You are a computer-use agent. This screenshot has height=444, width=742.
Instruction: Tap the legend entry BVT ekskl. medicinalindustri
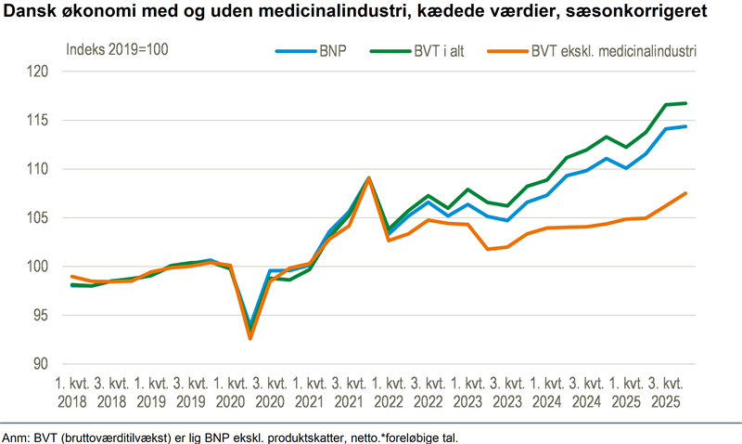coord(612,51)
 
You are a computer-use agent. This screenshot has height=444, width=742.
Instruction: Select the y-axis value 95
coord(39,315)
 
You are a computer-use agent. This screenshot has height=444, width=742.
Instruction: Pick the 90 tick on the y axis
coord(39,364)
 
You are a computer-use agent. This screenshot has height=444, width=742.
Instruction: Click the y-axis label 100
coord(35,267)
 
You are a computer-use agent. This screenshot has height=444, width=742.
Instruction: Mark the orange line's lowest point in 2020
coord(250,338)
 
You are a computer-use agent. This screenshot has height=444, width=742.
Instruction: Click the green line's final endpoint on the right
coord(684,103)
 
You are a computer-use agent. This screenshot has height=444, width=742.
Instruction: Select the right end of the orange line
coord(684,193)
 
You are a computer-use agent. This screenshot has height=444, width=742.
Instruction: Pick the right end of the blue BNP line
coord(684,126)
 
